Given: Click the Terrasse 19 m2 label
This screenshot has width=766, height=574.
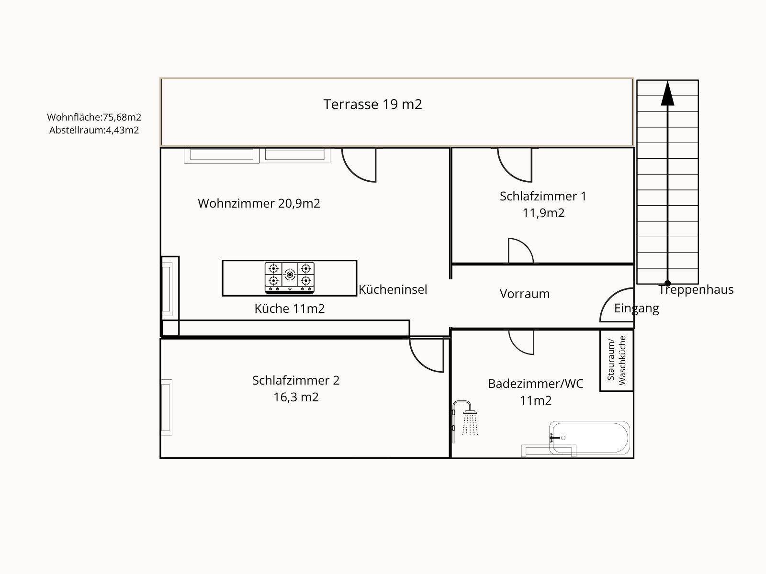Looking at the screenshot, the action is (x=372, y=104).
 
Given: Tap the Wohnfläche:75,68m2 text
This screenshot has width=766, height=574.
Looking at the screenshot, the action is (x=94, y=117).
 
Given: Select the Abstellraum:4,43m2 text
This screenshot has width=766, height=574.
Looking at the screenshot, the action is (x=94, y=130).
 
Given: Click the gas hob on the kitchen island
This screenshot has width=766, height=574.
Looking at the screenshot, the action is (x=289, y=278).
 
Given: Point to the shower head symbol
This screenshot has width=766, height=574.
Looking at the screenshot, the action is (x=470, y=412).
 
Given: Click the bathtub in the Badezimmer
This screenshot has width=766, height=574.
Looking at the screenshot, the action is (x=589, y=438).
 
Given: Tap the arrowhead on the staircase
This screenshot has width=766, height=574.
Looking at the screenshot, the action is (x=667, y=93).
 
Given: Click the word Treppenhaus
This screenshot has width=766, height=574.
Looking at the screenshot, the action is (x=696, y=289).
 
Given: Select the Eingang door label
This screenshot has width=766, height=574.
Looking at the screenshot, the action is (x=637, y=309).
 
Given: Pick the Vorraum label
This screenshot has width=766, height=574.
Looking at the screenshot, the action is (x=525, y=294).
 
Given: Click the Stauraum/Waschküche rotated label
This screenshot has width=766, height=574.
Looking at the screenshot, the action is (x=617, y=360).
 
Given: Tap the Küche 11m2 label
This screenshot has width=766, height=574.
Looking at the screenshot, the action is (x=290, y=309).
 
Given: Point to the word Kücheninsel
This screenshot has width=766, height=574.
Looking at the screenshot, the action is (x=393, y=289).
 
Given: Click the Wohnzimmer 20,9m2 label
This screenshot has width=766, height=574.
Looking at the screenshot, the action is (x=259, y=203).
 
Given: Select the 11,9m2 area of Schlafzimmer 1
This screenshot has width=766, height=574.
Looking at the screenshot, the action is (x=543, y=213).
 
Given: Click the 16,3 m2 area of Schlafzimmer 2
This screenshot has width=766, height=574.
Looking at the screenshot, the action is (x=296, y=397).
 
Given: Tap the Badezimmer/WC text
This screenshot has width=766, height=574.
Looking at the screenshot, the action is (x=536, y=384).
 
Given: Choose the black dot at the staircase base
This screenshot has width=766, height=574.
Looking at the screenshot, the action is (x=667, y=283).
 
